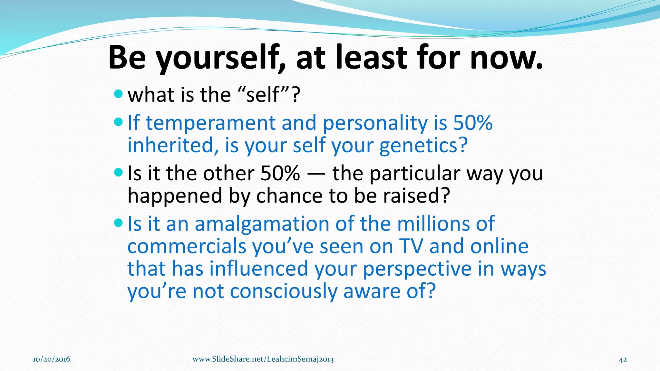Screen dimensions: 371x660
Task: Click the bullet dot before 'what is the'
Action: point(119,94)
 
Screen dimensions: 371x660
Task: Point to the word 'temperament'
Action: point(211,123)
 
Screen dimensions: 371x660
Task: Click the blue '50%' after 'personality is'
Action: point(472,123)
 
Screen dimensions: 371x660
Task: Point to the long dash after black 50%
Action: point(316,174)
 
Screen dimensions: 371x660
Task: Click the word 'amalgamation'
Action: point(262,224)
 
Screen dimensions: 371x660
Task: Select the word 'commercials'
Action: point(187,247)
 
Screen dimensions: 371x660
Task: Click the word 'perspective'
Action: point(417,269)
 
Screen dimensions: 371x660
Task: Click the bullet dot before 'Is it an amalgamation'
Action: point(119,223)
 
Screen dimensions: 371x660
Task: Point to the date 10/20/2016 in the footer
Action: point(52,359)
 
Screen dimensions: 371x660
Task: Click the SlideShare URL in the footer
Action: point(263,359)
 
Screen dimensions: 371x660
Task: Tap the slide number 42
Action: point(623,359)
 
